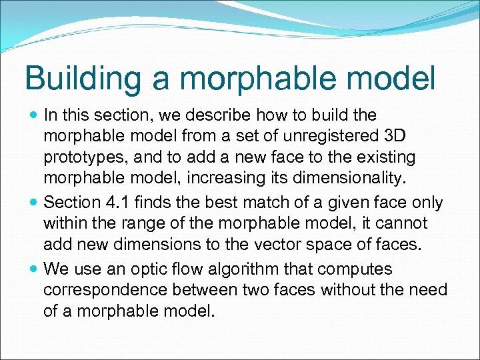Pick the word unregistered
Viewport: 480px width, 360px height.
[x=316, y=137]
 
